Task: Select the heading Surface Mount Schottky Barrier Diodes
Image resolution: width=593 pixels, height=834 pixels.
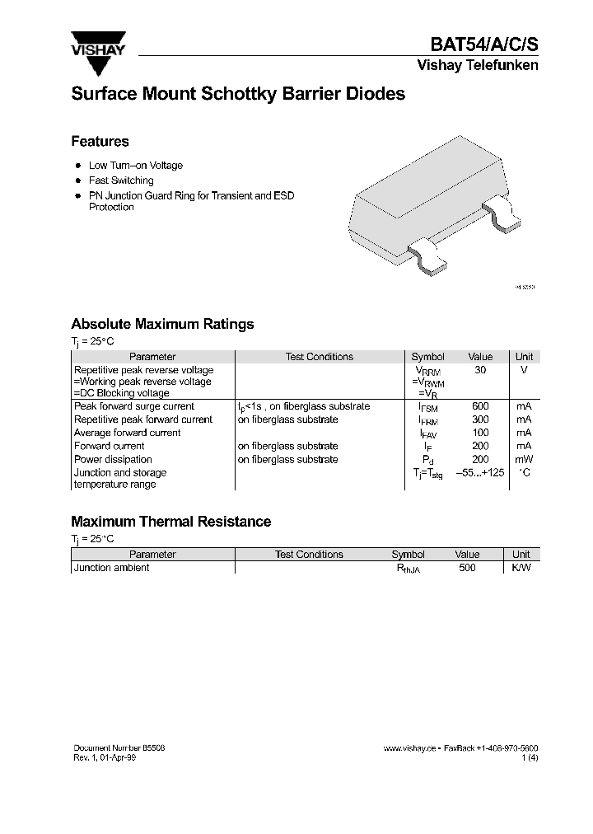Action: (238, 94)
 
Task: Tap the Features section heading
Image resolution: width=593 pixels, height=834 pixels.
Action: (100, 141)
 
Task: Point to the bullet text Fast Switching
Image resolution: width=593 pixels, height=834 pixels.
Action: (121, 180)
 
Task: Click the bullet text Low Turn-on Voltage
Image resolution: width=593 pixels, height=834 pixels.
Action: (136, 166)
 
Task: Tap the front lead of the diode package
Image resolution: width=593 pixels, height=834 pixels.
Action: (429, 255)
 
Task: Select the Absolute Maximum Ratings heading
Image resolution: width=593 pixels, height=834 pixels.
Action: (162, 324)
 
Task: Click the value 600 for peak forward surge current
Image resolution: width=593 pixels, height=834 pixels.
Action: (480, 406)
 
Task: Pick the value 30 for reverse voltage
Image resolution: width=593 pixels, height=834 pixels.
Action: (480, 370)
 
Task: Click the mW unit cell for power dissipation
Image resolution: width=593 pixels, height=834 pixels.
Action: (524, 459)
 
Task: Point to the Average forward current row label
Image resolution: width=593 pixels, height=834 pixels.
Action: (128, 433)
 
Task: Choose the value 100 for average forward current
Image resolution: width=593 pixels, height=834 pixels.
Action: (480, 433)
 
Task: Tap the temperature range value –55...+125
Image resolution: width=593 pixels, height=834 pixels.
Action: (480, 472)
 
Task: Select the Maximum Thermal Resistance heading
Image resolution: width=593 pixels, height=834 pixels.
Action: (170, 522)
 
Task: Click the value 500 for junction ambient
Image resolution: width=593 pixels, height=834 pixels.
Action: (467, 568)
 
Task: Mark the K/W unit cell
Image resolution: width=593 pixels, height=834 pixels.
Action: (521, 568)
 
